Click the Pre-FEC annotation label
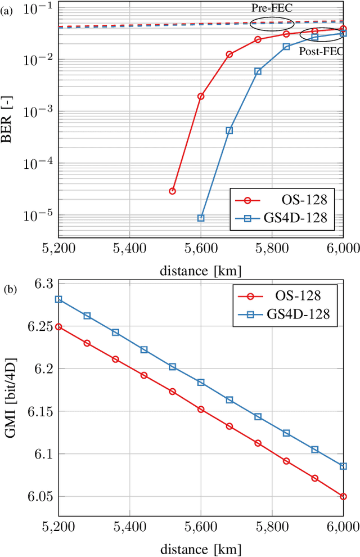click(272, 9)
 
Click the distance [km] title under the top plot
click(200, 271)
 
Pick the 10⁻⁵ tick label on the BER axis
click(39, 215)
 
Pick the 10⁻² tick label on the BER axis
click(39, 60)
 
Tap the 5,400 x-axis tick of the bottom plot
click(130, 525)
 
